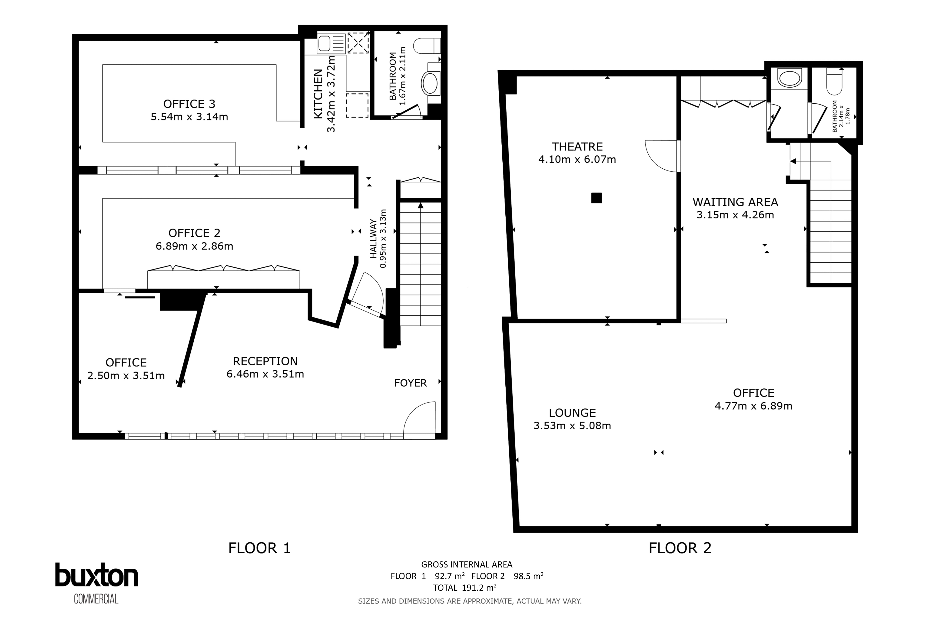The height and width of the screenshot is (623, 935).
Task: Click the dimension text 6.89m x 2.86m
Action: click(x=194, y=246)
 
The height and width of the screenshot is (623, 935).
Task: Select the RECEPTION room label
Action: click(x=265, y=361)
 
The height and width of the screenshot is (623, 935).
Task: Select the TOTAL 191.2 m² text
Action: click(x=465, y=588)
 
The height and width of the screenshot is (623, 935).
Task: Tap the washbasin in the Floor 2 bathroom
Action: click(x=789, y=78)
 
